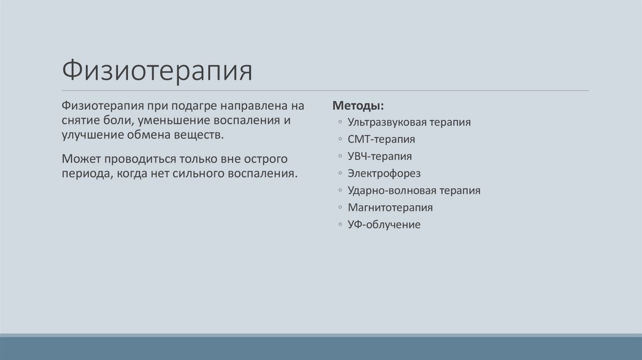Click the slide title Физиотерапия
click(157, 71)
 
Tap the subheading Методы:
click(358, 105)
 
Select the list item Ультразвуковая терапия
click(409, 122)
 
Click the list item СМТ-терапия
click(381, 139)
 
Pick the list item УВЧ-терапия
click(380, 156)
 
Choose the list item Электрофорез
click(384, 173)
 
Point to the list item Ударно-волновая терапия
click(414, 190)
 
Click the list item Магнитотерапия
click(390, 207)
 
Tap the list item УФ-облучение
click(384, 224)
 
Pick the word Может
click(80, 158)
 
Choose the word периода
click(84, 173)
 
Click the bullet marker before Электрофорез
click(339, 174)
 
